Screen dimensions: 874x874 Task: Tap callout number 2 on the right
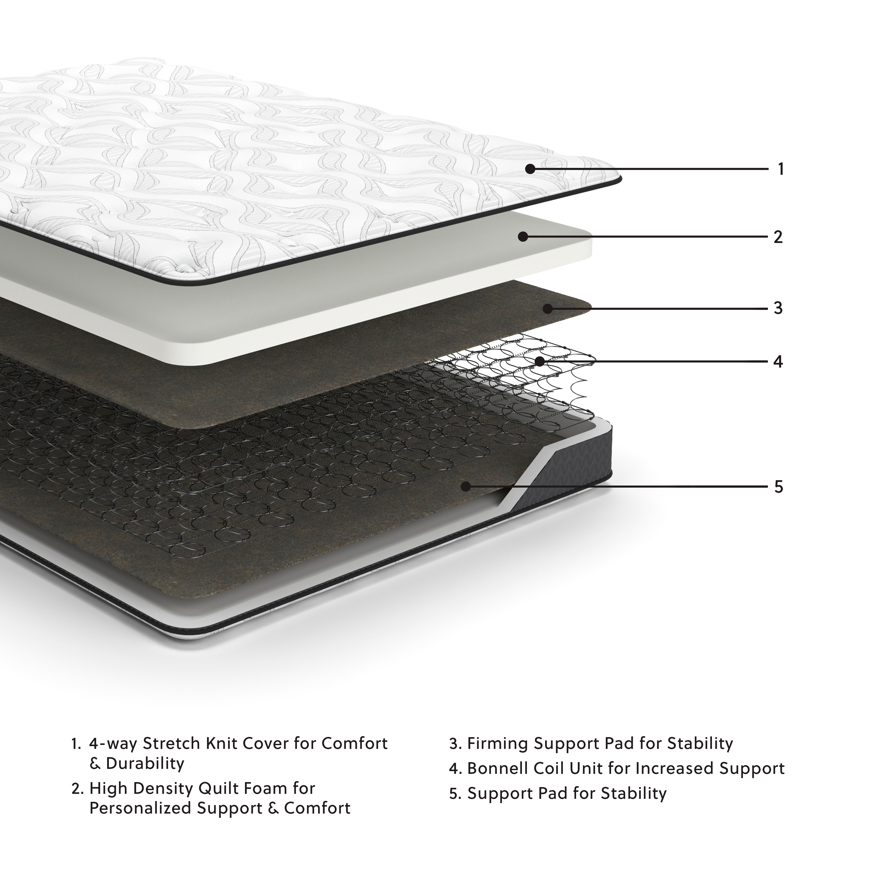[778, 237]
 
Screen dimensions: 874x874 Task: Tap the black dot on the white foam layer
[523, 236]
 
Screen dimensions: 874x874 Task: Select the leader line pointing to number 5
[633, 487]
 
